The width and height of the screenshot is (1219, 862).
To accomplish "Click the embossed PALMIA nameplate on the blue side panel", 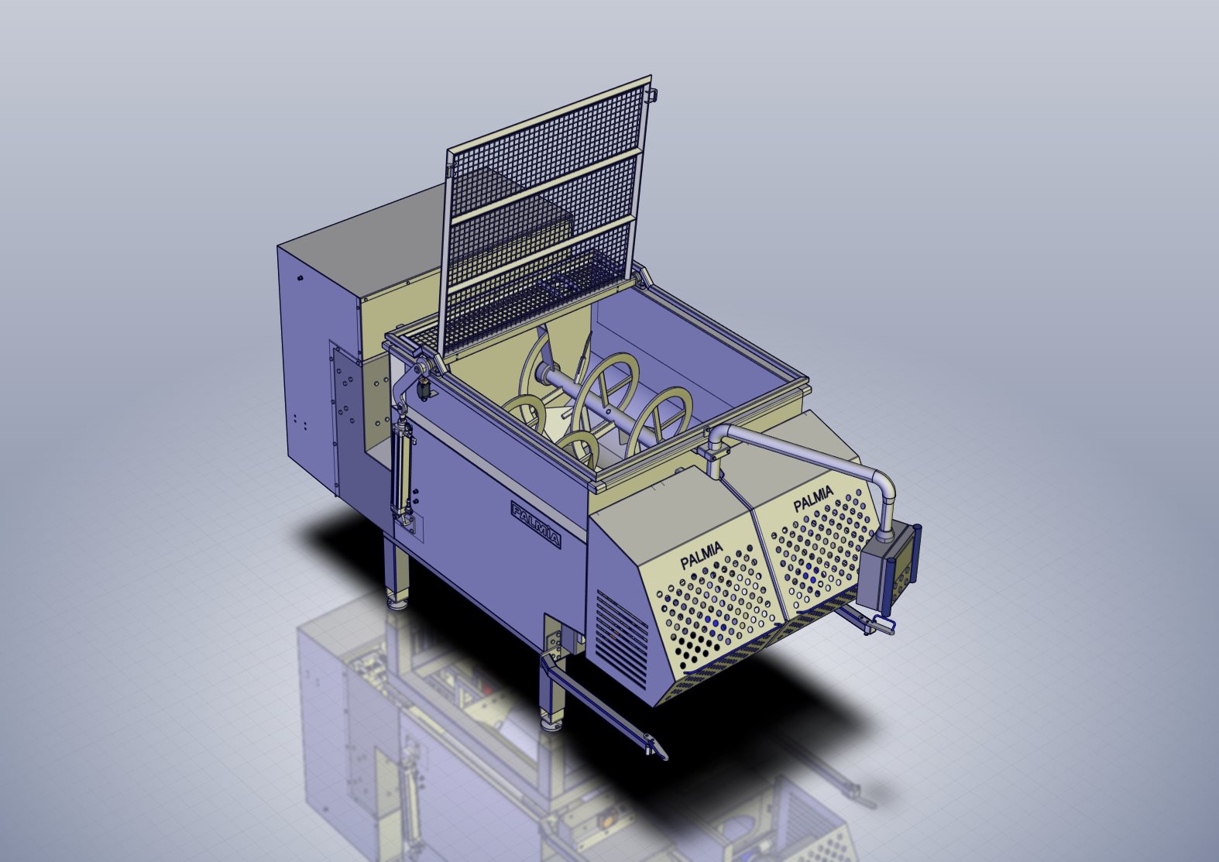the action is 535,524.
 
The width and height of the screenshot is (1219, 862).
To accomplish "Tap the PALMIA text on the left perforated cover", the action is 702,555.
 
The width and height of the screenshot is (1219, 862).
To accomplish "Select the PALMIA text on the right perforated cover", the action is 813,499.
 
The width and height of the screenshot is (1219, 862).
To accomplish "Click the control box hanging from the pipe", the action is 888,572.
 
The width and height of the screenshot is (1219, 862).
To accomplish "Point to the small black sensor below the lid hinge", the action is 424,389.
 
